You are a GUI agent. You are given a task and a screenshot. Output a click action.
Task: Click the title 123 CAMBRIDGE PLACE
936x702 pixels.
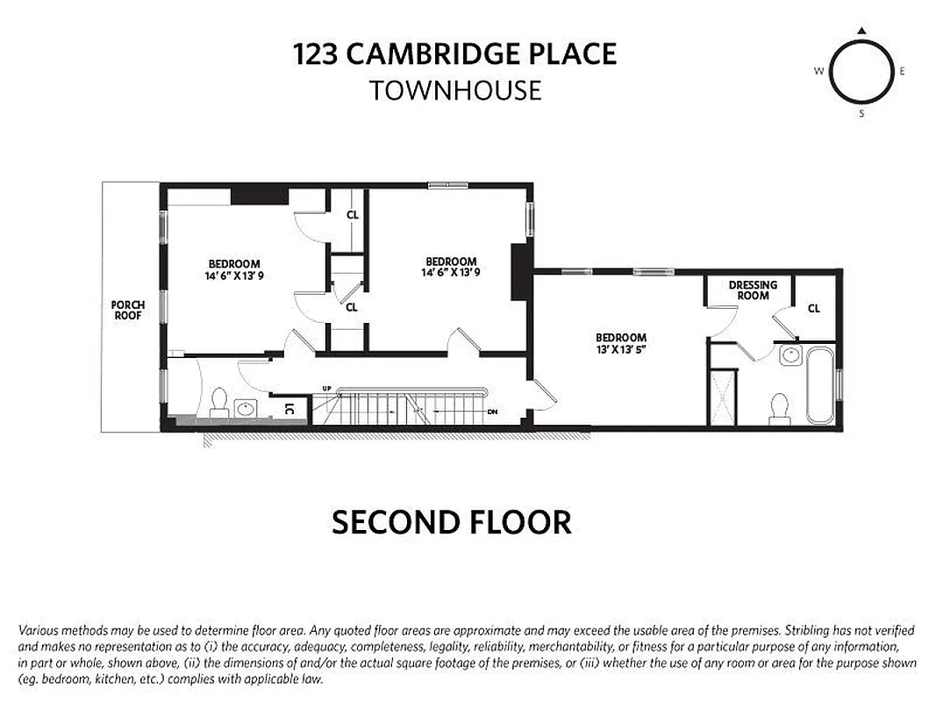(454, 54)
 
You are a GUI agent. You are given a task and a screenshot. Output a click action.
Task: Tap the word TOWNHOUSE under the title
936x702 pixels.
(454, 90)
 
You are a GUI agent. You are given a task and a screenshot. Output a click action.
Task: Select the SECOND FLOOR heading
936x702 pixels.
(451, 523)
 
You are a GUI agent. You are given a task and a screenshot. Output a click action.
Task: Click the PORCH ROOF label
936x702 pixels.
(128, 311)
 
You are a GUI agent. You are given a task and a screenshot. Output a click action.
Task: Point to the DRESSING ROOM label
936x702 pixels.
(753, 290)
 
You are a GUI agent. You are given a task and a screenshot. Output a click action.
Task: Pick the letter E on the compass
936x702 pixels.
(903, 72)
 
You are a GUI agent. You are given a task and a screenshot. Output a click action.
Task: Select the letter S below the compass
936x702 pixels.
(861, 113)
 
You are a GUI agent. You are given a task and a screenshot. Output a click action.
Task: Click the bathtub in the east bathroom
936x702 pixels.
(820, 384)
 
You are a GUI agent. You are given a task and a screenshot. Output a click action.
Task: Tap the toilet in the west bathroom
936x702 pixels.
(218, 403)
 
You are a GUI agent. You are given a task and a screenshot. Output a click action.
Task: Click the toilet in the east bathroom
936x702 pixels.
(777, 409)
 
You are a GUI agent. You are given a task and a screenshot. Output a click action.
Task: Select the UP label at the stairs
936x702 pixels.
(327, 389)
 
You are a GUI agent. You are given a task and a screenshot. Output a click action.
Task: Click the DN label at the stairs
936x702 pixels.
(493, 411)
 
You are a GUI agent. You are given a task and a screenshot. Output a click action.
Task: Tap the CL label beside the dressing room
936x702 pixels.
(813, 308)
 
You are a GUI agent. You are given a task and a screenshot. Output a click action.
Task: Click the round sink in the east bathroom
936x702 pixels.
(790, 355)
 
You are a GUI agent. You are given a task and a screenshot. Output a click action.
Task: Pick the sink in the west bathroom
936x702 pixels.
(245, 408)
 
